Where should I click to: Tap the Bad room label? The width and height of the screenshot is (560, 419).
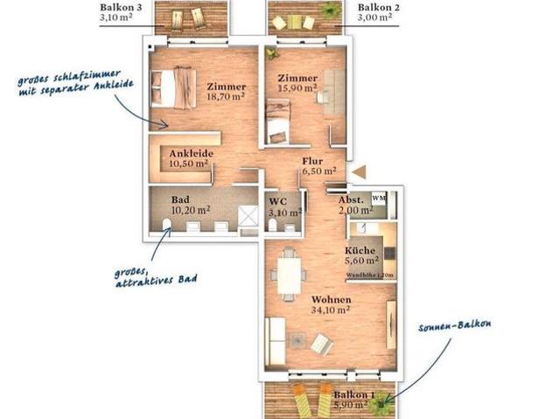(179, 198)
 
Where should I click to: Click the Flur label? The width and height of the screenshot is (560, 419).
(312, 161)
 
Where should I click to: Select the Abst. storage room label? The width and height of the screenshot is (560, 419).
(352, 199)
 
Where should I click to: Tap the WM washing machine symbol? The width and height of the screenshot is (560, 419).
(379, 199)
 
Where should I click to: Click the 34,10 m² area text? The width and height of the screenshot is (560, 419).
(330, 308)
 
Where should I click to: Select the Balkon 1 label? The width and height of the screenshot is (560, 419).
(354, 395)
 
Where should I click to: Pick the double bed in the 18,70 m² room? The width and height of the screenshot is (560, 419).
(175, 88)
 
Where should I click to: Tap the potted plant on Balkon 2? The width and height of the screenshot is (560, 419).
(330, 10)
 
